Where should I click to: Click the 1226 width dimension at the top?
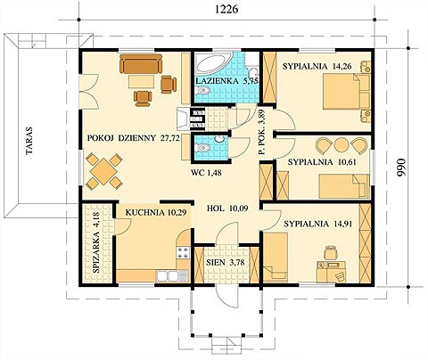[x=226, y=10]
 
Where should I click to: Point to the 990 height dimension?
[x=401, y=167]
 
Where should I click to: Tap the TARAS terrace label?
[x=29, y=141]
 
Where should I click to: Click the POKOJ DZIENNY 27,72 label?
[x=134, y=138]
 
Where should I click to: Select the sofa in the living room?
[x=141, y=63]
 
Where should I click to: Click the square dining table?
[x=104, y=171]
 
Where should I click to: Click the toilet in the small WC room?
[x=202, y=147]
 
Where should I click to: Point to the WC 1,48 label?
[x=206, y=172]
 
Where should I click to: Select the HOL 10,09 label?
[x=227, y=209]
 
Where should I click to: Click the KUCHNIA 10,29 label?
[x=156, y=212]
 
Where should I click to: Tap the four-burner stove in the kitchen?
[x=183, y=252]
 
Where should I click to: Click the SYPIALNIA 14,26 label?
[x=317, y=66]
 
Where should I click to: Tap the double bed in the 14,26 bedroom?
[x=346, y=92]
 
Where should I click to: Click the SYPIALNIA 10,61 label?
[x=322, y=162]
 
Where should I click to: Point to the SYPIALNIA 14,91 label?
[x=318, y=224]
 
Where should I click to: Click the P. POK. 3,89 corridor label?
[x=262, y=133]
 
